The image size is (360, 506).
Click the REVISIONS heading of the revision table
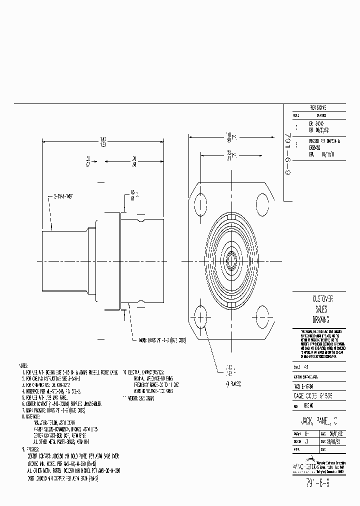[x=318, y=107]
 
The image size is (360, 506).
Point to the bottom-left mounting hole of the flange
[x=200, y=317]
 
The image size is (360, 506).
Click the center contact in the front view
[x=231, y=260]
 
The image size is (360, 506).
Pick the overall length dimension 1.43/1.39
[x=102, y=141]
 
